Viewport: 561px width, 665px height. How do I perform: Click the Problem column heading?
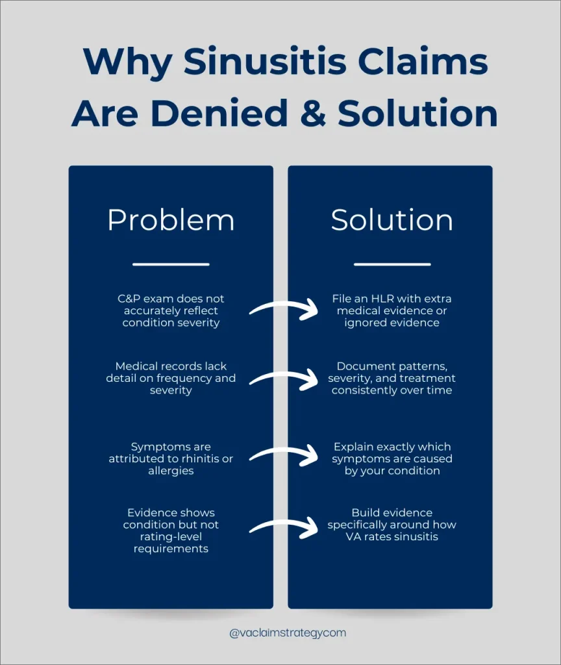(x=171, y=220)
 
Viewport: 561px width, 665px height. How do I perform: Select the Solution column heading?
(x=392, y=220)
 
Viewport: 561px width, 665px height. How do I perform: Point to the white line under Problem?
(x=171, y=264)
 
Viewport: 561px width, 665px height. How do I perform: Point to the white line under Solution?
(x=392, y=264)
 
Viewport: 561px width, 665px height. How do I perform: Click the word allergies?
(x=171, y=470)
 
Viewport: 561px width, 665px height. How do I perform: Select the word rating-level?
(x=171, y=536)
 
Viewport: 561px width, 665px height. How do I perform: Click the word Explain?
(x=355, y=447)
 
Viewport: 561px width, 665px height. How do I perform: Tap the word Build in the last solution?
(x=366, y=512)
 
